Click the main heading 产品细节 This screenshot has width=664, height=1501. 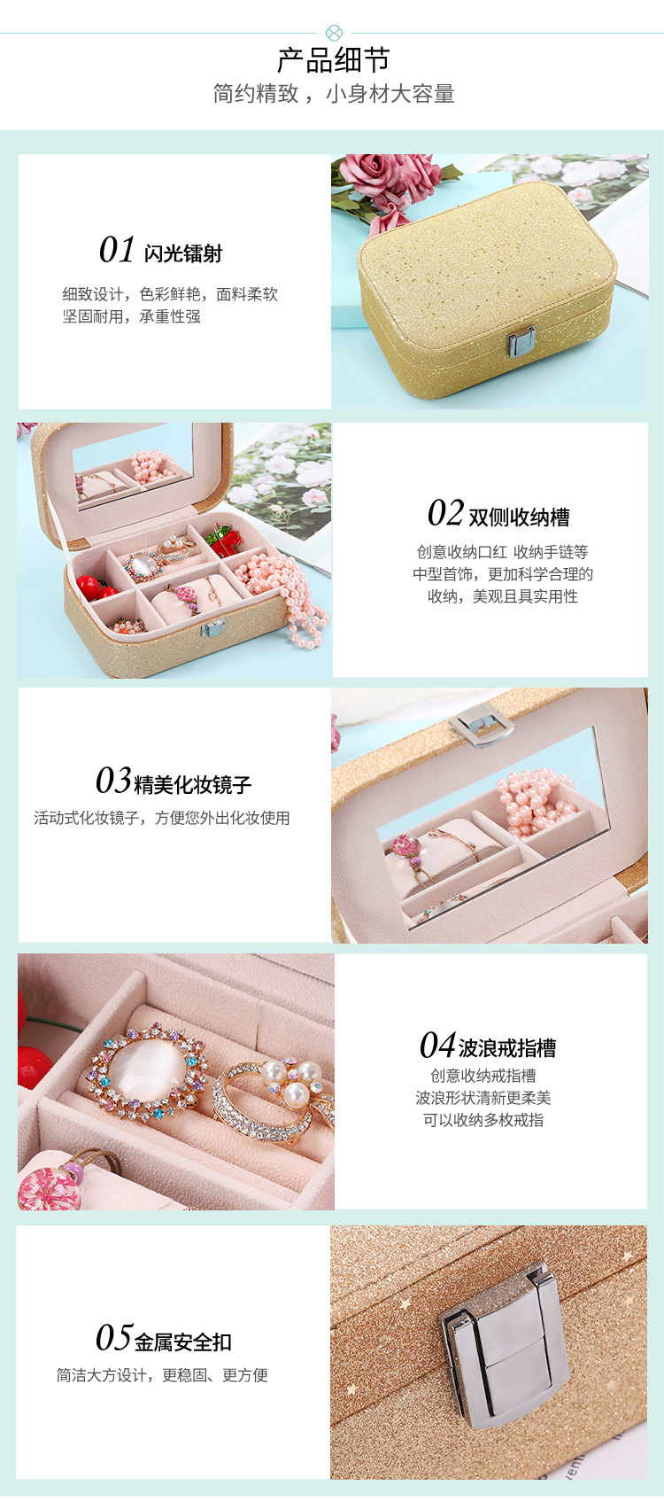(333, 60)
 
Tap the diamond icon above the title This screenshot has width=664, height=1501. (334, 34)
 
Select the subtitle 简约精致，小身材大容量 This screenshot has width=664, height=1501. (333, 94)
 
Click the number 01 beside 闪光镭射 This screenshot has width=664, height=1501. (117, 251)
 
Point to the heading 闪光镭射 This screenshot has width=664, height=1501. (183, 253)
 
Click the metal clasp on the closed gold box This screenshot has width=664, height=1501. (521, 341)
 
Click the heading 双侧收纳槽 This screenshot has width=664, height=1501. (519, 517)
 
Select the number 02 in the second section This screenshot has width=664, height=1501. (445, 514)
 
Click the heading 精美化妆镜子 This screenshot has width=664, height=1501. (193, 784)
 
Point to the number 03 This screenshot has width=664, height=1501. (113, 781)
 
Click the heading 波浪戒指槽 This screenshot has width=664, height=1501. (507, 1048)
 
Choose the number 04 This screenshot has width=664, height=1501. (437, 1046)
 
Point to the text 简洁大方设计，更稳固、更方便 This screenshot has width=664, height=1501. (162, 1375)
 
